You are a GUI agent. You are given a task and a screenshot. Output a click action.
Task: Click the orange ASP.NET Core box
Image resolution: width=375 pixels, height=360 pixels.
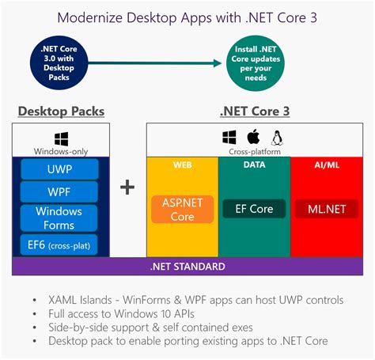tap(183, 209)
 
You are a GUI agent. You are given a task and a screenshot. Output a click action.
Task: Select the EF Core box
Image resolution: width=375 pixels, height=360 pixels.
tap(254, 209)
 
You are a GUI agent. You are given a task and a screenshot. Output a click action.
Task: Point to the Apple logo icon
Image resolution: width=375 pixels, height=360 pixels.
tap(254, 136)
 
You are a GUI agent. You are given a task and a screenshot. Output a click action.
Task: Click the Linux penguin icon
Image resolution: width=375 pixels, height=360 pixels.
tap(278, 136)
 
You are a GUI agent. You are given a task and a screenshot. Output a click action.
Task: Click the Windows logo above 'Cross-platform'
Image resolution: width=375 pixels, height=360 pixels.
tap(229, 136)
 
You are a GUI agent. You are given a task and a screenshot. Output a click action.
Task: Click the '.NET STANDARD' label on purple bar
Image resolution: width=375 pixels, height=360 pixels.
tap(187, 267)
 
